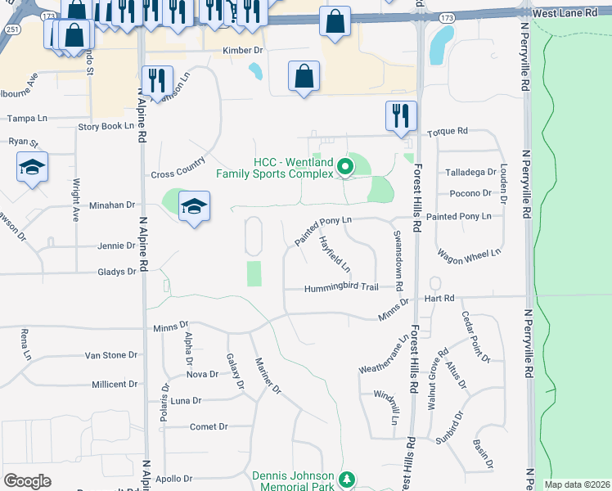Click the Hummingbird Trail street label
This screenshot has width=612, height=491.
tap(341, 288)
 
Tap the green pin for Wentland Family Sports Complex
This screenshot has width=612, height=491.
tap(345, 168)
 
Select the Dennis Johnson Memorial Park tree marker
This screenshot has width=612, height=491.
tap(347, 479)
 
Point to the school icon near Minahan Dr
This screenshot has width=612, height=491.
tap(195, 206)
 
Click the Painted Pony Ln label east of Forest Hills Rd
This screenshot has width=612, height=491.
tap(458, 216)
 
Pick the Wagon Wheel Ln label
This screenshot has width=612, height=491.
tap(468, 257)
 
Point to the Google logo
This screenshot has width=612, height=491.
tap(27, 480)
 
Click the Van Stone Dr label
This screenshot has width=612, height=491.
tap(112, 355)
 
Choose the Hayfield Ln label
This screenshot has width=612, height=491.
tap(335, 255)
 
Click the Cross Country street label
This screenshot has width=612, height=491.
tap(178, 173)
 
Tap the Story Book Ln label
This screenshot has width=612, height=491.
tap(106, 126)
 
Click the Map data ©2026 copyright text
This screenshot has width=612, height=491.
tap(578, 484)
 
